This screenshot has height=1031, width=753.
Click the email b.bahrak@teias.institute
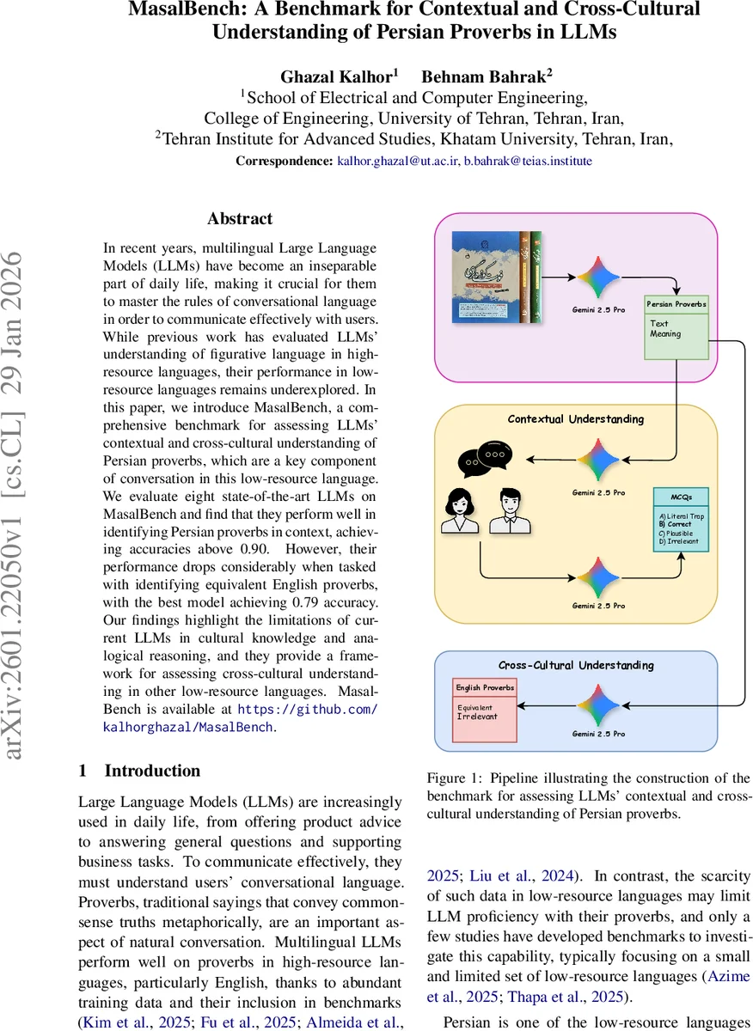[x=528, y=161]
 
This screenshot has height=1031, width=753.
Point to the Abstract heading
[x=240, y=219]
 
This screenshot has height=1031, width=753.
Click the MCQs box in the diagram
[x=680, y=520]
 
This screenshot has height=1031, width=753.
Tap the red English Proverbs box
[x=485, y=710]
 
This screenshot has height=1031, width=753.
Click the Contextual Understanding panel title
[x=575, y=419]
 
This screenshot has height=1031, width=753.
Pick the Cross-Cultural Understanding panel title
[x=576, y=665]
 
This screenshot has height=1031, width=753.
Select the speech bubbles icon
[x=483, y=458]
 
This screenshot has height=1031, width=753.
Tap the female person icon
[x=456, y=512]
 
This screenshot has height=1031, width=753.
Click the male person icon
[x=506, y=512]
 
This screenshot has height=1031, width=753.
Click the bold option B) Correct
[x=675, y=523]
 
